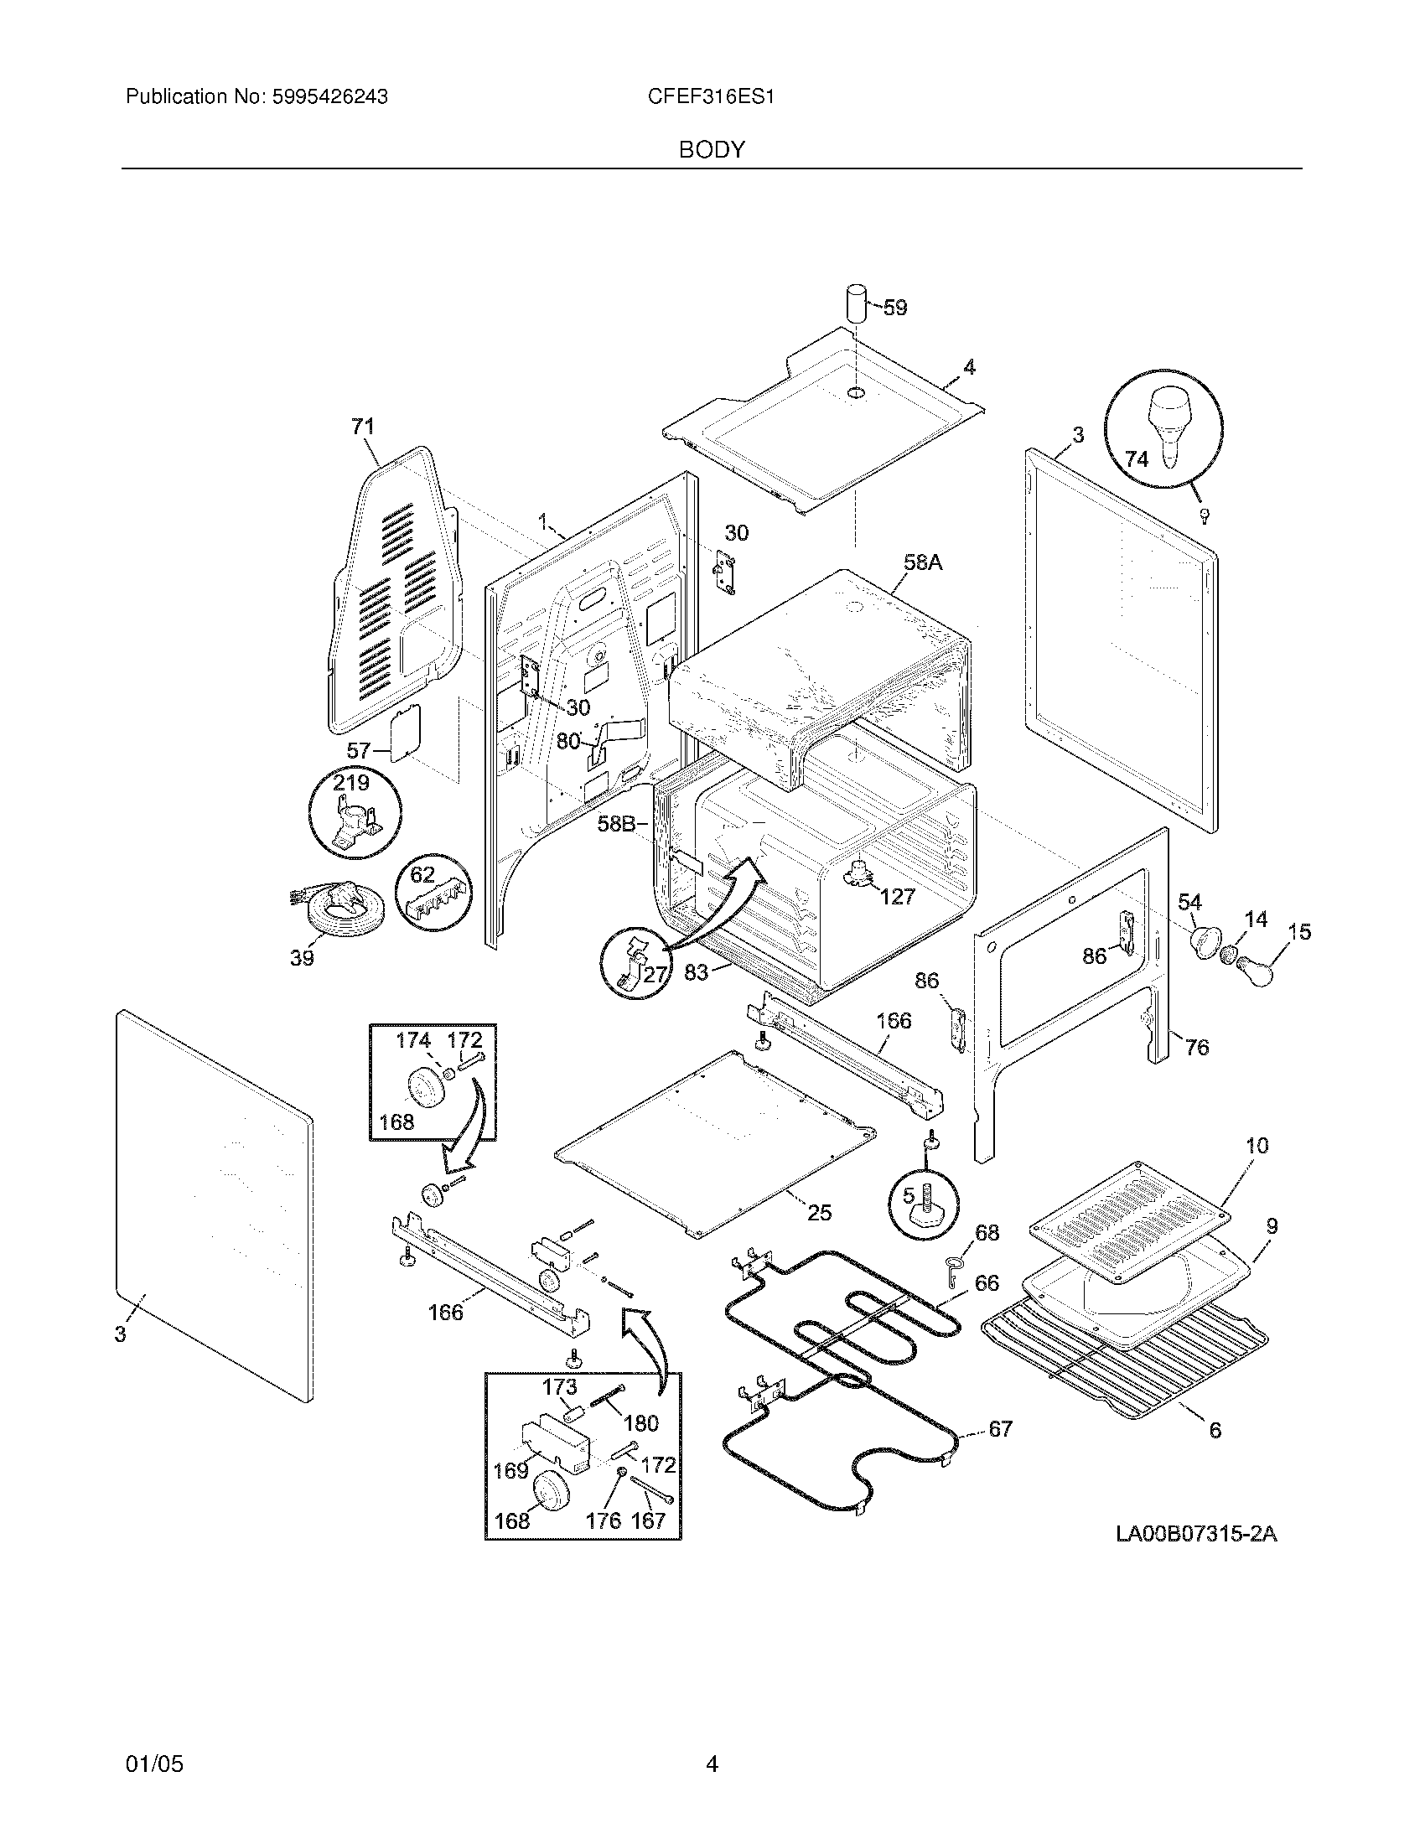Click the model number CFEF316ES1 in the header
(x=711, y=97)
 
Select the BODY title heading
(x=712, y=150)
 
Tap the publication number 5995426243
(x=329, y=97)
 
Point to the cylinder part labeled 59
(x=857, y=303)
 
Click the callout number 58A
(x=922, y=562)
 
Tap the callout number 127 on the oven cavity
(x=897, y=897)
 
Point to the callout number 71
(x=362, y=427)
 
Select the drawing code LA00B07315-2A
(x=1196, y=1534)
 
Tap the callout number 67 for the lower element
(x=999, y=1428)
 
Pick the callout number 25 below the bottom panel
(x=819, y=1213)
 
